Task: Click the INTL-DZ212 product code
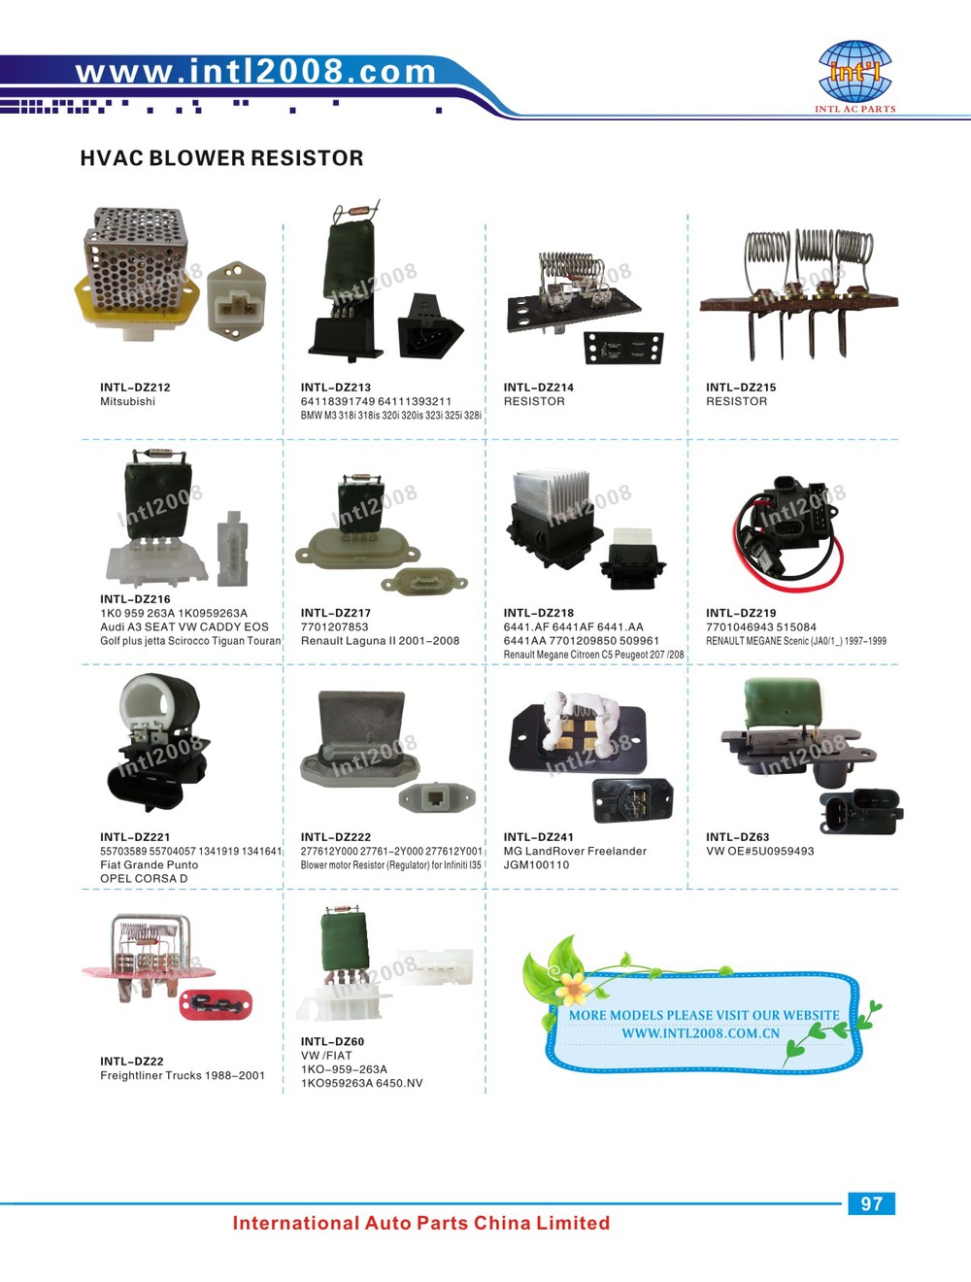click(135, 388)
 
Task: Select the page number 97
click(871, 1204)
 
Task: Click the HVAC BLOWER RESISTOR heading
click(221, 158)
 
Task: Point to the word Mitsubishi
click(127, 402)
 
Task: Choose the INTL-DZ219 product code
click(741, 614)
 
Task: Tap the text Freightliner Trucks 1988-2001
click(183, 1076)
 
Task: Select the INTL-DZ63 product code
click(737, 837)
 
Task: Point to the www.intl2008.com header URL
click(256, 71)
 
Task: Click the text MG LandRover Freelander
click(575, 852)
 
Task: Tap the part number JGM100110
click(536, 865)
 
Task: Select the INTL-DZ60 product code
click(332, 1042)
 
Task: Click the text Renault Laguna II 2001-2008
click(380, 641)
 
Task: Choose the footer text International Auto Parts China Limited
click(421, 1224)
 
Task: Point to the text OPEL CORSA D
click(144, 879)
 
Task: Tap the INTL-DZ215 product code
click(741, 388)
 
